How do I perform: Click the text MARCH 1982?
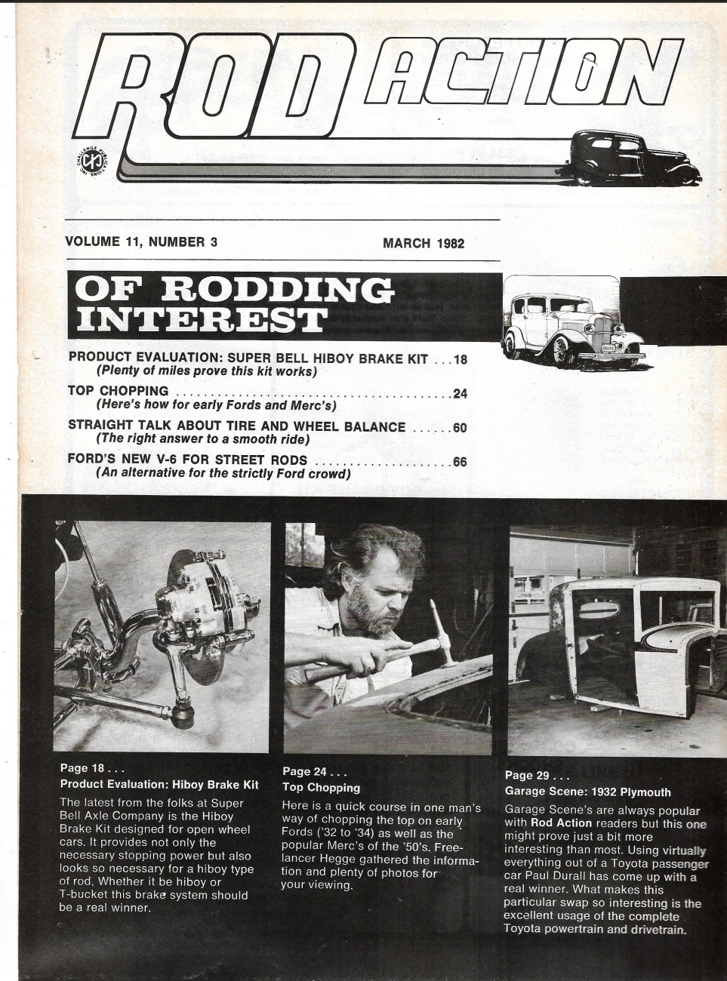tap(423, 243)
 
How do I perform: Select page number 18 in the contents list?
tap(460, 360)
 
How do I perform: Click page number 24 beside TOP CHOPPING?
tap(460, 393)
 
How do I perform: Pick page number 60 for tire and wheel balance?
tap(460, 428)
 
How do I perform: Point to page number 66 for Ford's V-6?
tap(460, 461)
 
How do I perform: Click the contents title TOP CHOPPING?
tap(118, 391)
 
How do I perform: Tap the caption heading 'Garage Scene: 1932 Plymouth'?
tap(587, 792)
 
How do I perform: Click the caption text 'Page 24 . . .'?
tap(314, 771)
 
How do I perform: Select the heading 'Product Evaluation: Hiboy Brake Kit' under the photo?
tap(159, 784)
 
